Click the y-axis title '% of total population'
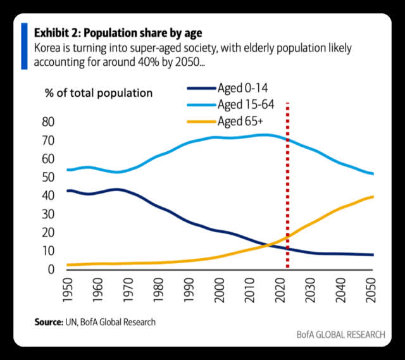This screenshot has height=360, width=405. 98,93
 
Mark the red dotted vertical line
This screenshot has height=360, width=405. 288,190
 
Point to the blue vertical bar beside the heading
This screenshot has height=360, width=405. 24,46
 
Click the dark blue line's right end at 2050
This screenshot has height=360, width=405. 372,255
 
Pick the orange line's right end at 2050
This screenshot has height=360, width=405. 372,196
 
